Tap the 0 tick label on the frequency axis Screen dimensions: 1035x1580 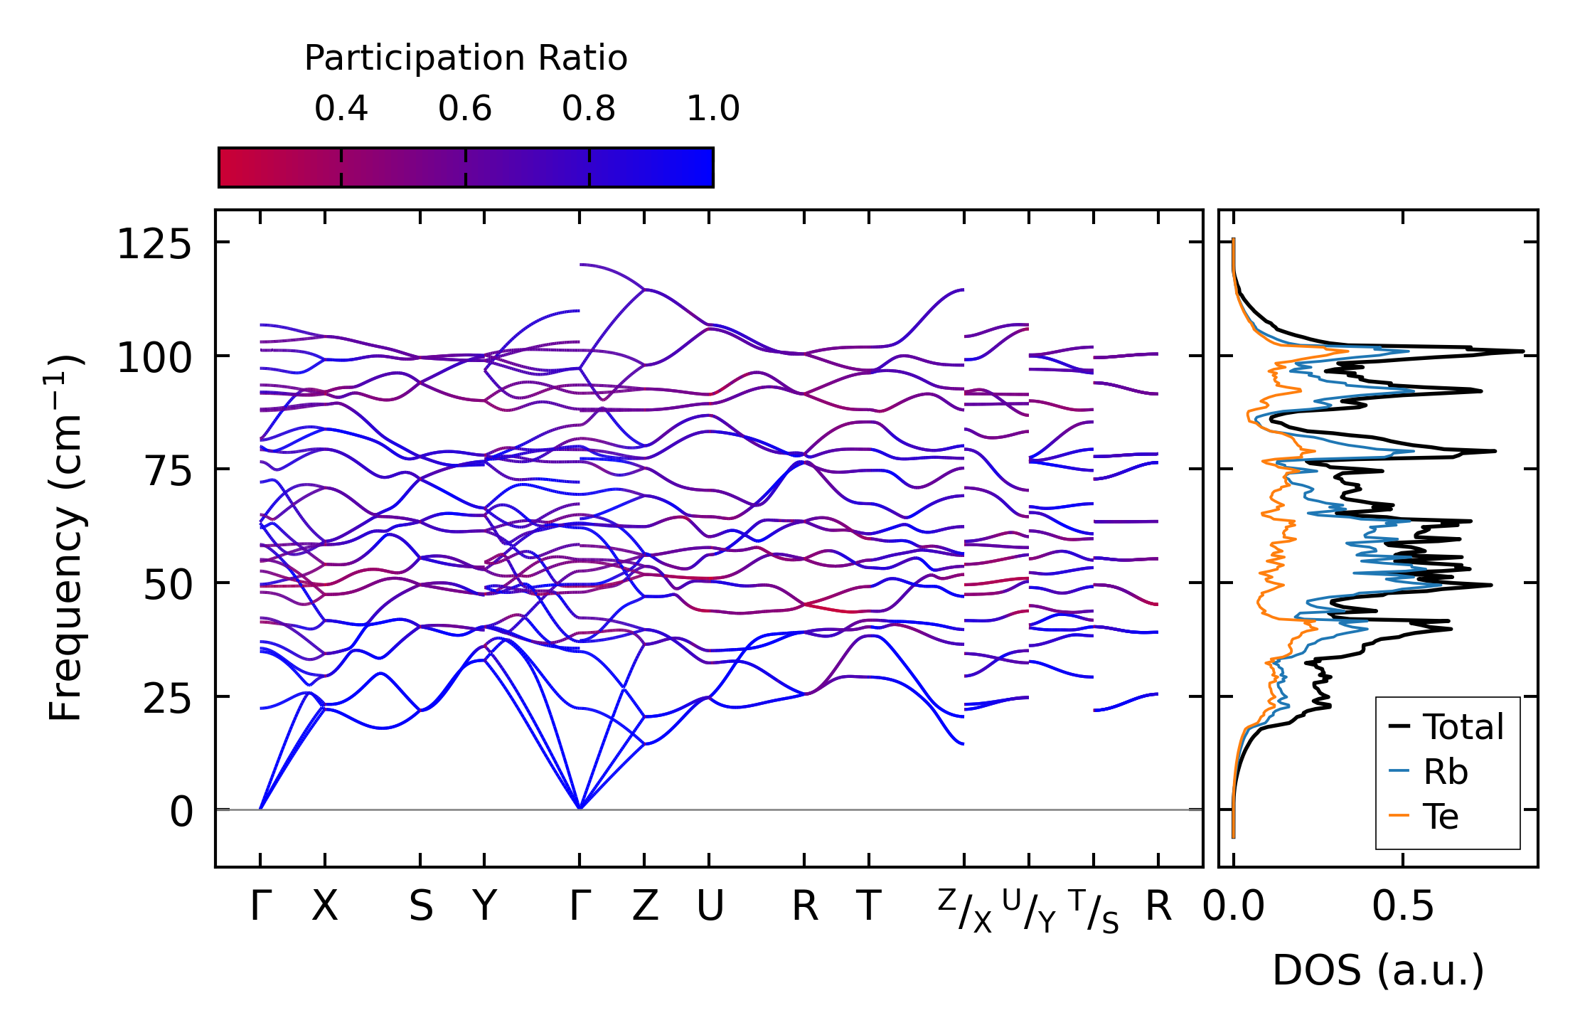(181, 812)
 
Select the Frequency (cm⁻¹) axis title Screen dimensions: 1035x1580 (65, 538)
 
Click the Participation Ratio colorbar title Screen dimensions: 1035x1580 (466, 58)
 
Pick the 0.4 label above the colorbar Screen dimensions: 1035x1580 (341, 109)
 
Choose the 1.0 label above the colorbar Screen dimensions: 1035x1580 (713, 109)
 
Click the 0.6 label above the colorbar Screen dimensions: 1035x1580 (465, 109)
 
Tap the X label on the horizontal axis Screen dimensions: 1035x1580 (325, 907)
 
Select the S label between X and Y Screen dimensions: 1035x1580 (421, 907)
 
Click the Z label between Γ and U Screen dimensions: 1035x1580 (645, 907)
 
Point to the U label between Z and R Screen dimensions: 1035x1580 (710, 907)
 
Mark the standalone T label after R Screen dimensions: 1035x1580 (868, 907)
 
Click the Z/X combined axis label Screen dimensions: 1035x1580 (964, 911)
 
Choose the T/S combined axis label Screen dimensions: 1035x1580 (1094, 911)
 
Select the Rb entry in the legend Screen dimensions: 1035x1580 (1445, 772)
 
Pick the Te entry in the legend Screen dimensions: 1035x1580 (1441, 816)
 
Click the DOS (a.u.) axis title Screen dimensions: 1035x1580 (1378, 970)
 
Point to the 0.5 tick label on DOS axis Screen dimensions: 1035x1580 (1403, 907)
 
